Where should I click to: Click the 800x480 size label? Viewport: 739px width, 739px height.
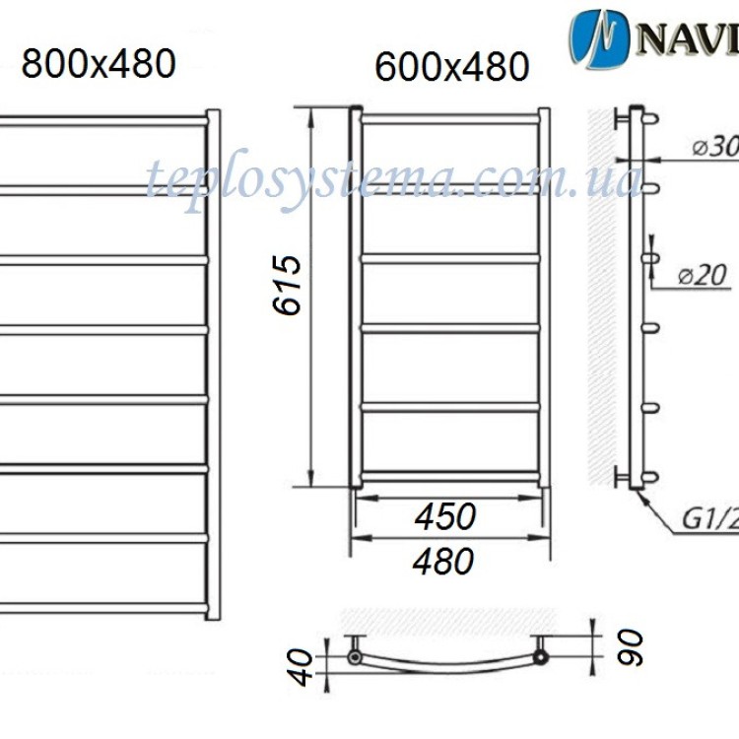99,64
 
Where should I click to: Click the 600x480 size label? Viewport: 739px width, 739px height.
451,67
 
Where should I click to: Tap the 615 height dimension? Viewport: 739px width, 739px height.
285,285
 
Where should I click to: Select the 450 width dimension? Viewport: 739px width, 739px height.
444,515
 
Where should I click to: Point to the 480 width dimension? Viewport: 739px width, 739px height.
444,561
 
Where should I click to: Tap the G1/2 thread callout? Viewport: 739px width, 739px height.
708,518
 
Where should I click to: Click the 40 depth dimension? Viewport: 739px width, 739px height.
307,665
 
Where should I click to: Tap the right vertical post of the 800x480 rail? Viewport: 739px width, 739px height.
213,365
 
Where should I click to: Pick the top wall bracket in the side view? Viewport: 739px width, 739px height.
621,119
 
